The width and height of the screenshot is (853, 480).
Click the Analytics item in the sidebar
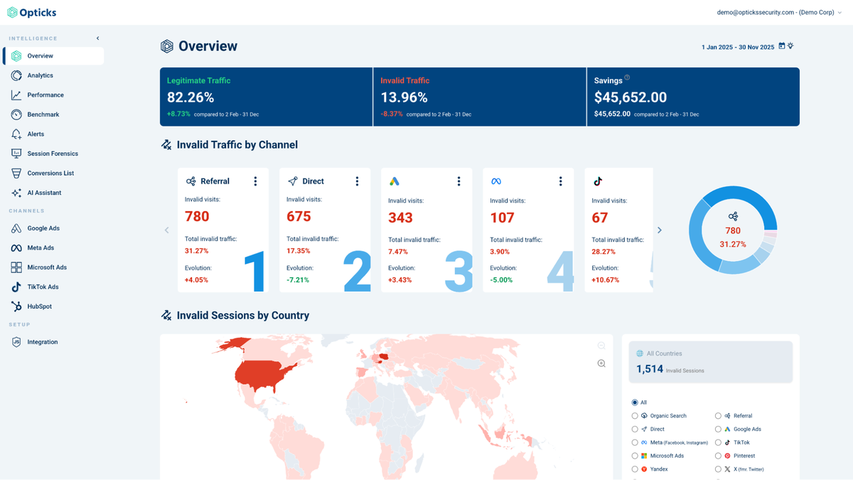pyautogui.click(x=40, y=75)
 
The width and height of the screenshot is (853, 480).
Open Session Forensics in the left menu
pyautogui.click(x=52, y=154)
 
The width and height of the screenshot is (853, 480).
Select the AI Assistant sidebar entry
pyautogui.click(x=44, y=193)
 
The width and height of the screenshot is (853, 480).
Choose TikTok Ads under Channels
pyautogui.click(x=43, y=287)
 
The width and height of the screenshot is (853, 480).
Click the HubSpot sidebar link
pyautogui.click(x=39, y=306)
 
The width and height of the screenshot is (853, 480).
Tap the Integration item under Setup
pyautogui.click(x=42, y=342)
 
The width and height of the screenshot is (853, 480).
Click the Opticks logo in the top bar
pyautogui.click(x=32, y=12)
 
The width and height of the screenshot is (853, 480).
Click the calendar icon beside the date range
pyautogui.click(x=782, y=46)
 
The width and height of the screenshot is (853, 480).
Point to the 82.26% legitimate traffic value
pyautogui.click(x=191, y=97)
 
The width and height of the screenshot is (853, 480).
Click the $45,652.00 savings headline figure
pyautogui.click(x=630, y=97)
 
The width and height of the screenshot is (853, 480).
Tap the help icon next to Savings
pyautogui.click(x=627, y=78)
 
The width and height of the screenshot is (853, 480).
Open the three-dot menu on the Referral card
pyautogui.click(x=256, y=181)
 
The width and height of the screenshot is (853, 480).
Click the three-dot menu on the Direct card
pyautogui.click(x=358, y=181)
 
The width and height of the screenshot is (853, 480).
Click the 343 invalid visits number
pyautogui.click(x=400, y=218)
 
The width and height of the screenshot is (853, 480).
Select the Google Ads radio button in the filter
pyautogui.click(x=718, y=430)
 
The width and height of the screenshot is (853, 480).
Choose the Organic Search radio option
pyautogui.click(x=635, y=416)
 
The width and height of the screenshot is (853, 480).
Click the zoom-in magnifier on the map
pyautogui.click(x=601, y=363)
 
